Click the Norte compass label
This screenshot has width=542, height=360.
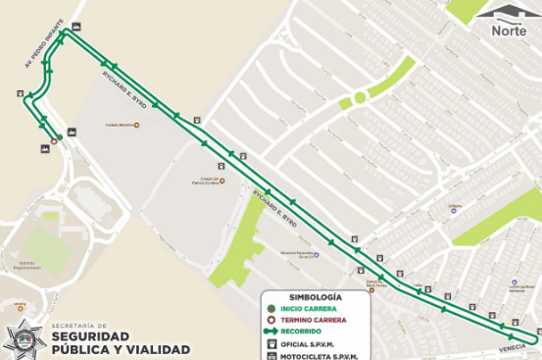508,30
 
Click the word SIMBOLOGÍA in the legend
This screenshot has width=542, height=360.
315,296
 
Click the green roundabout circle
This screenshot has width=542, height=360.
360,97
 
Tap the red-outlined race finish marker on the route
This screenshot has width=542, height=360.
55,140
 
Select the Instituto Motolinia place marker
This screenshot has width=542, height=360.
136,126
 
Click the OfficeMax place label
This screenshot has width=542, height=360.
454,207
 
